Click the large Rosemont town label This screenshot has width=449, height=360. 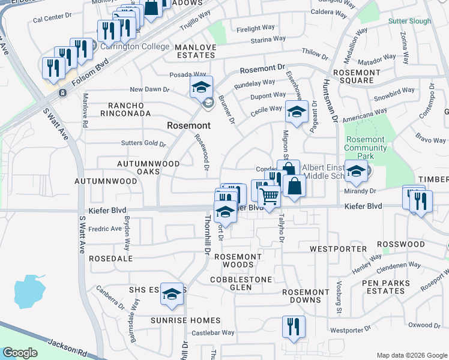pyautogui.click(x=188, y=126)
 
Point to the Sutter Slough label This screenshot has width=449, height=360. pyautogui.click(x=409, y=21)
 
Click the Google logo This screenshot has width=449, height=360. pyautogui.click(x=20, y=353)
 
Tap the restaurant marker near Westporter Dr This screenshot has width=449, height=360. pyautogui.click(x=294, y=327)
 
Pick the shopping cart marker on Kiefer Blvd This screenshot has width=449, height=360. pyautogui.click(x=270, y=196)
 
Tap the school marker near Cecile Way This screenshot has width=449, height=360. pyautogui.click(x=297, y=111)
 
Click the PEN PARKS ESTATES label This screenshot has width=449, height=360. pyautogui.click(x=390, y=287)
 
